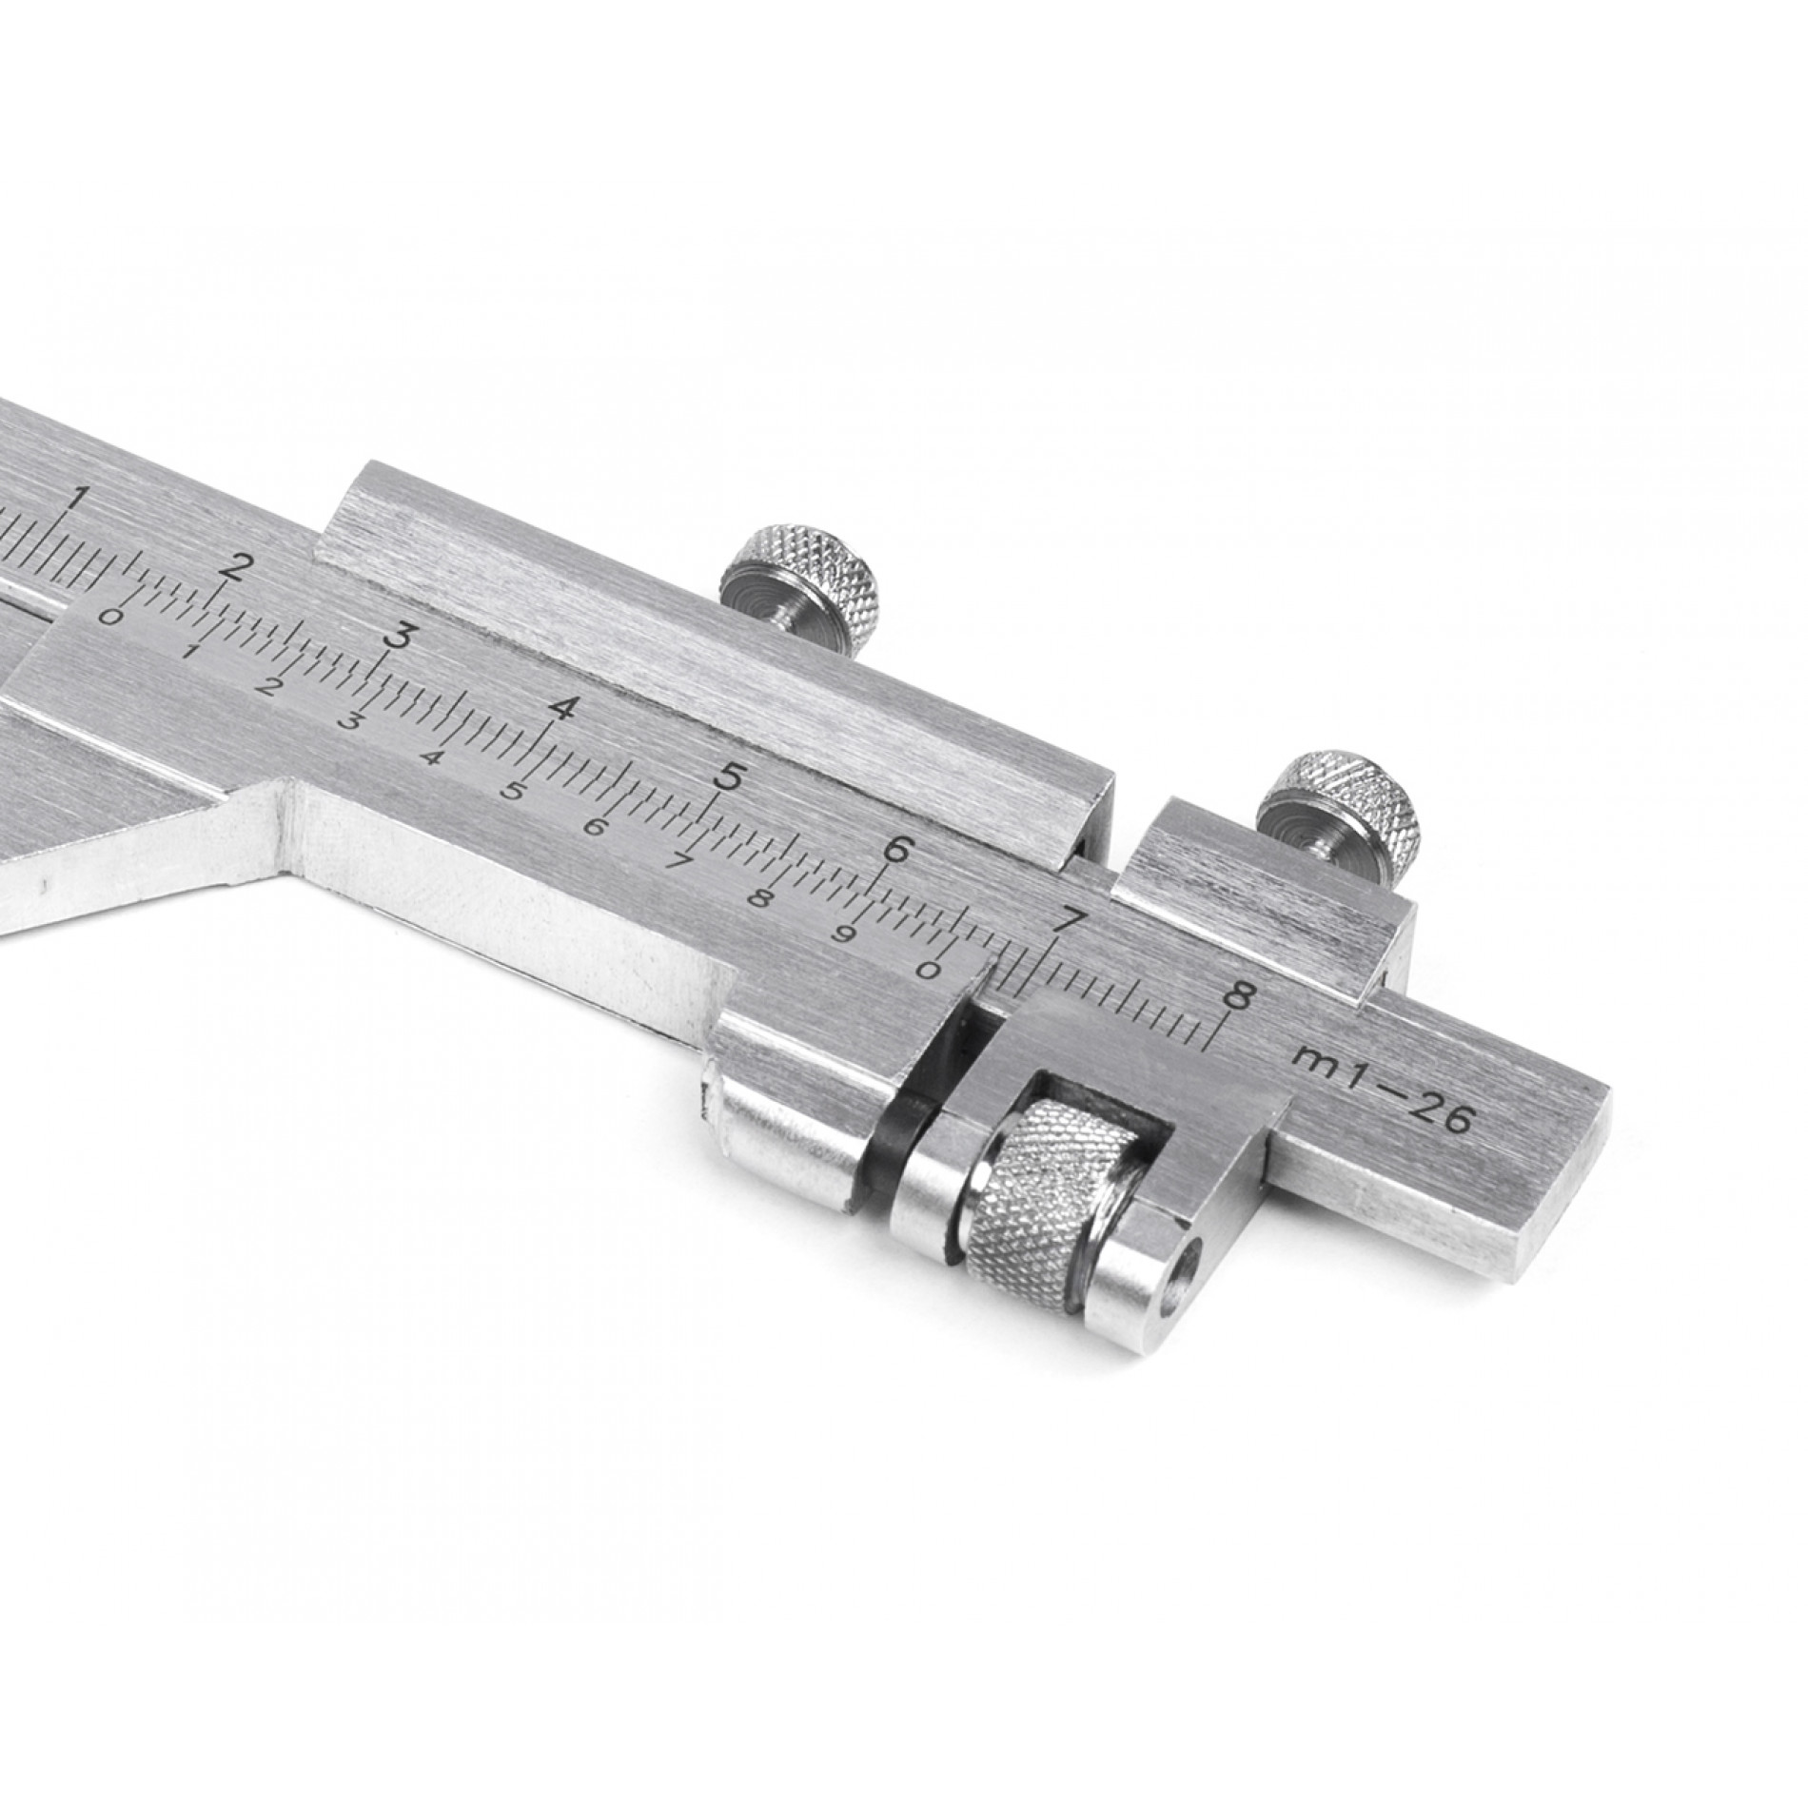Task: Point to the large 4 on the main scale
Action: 563,708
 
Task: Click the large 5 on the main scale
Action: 730,778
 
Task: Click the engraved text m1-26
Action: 1384,1085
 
